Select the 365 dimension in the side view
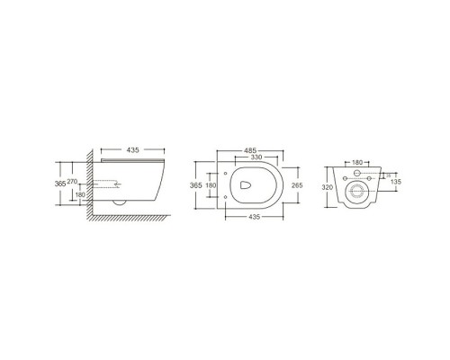(60, 183)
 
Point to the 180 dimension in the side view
(79, 194)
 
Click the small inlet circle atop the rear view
(355, 172)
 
